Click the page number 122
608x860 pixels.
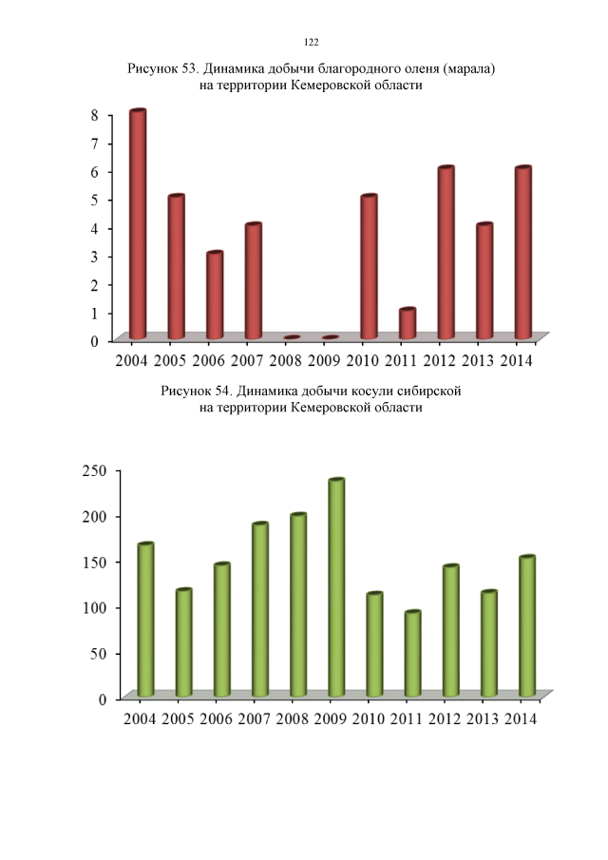[311, 42]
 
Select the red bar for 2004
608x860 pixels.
[138, 224]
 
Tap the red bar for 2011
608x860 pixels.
[408, 323]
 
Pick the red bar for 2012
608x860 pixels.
[446, 253]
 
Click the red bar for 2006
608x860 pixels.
[215, 295]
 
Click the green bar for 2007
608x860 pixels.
[260, 609]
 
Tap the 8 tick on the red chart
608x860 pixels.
[95, 115]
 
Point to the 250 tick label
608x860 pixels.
[93, 470]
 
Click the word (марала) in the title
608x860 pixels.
[464, 69]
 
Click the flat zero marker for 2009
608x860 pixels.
[331, 337]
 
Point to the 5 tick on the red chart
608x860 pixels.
[95, 200]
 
